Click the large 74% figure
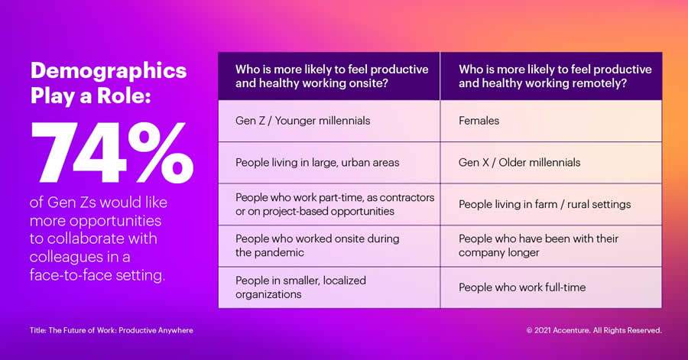(112, 150)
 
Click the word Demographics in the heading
(108, 71)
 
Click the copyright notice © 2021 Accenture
(594, 330)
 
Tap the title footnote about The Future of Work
(112, 330)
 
